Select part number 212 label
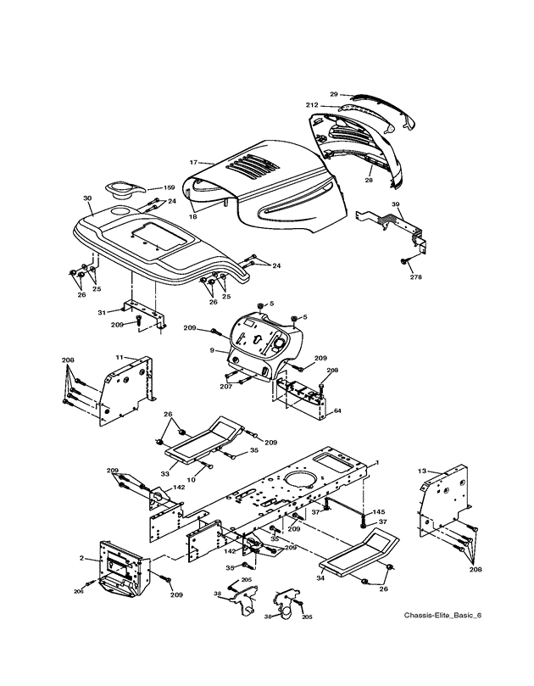point(312,105)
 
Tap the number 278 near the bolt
point(415,276)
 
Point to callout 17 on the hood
point(193,161)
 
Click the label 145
point(379,512)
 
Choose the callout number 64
point(337,411)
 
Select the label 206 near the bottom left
point(78,590)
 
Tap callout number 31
point(102,314)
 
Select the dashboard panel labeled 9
point(259,343)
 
